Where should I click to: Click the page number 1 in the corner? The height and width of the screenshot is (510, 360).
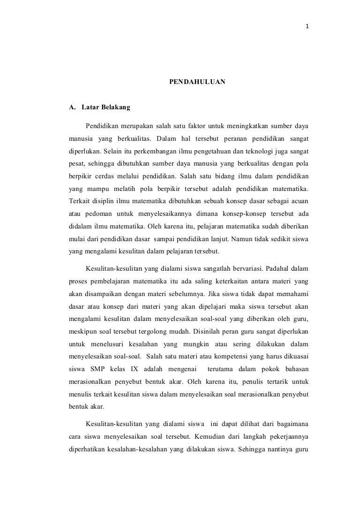point(307,13)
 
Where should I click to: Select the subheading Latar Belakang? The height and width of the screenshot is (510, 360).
point(106,107)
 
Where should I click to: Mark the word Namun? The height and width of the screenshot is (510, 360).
point(240,238)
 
